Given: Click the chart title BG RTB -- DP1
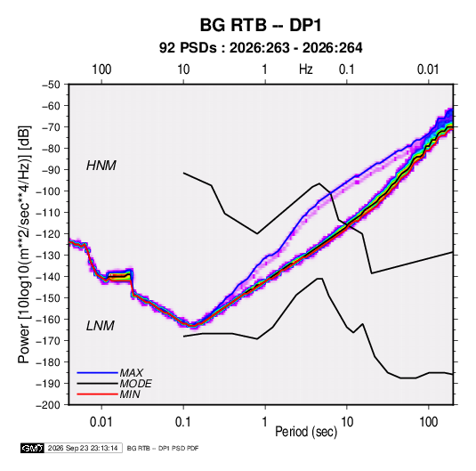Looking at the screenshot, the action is (261, 25).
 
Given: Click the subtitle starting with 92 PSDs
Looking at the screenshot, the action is (261, 48).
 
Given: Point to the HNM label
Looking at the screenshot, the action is (101, 166).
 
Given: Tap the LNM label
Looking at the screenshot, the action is (101, 326).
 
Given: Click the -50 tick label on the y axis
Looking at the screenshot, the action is (51, 85).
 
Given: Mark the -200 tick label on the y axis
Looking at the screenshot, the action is (48, 405).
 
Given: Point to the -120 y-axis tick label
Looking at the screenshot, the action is (48, 234).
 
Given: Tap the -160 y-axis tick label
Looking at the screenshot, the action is (48, 320).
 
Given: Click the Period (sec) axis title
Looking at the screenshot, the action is (306, 432).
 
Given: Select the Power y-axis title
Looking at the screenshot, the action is (24, 245).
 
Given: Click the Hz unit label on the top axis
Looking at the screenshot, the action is (306, 69).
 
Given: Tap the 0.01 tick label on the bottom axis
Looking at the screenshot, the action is (101, 422).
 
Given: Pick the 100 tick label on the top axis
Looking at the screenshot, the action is (101, 69).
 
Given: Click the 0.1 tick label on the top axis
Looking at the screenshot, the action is (347, 69).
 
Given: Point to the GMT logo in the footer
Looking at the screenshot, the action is (32, 448).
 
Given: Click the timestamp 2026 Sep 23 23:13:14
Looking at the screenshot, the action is (83, 448).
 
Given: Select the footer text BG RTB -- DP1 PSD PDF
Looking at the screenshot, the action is (163, 448).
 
